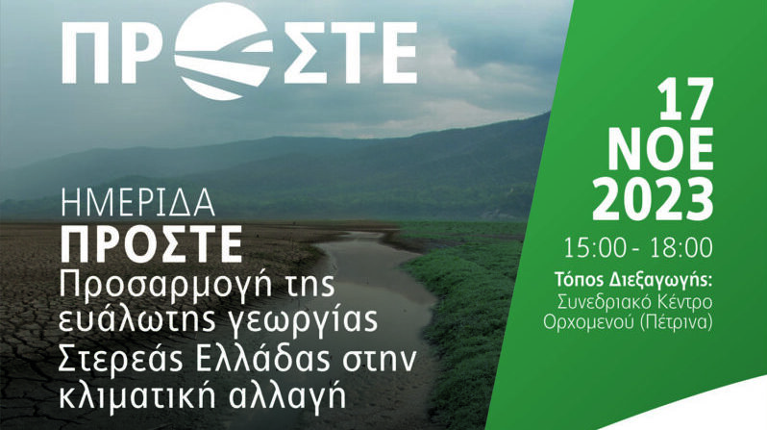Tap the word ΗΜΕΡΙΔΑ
pos(138,203)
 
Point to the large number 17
pos(684,101)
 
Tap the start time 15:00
pos(595,248)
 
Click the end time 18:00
pos(681,248)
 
